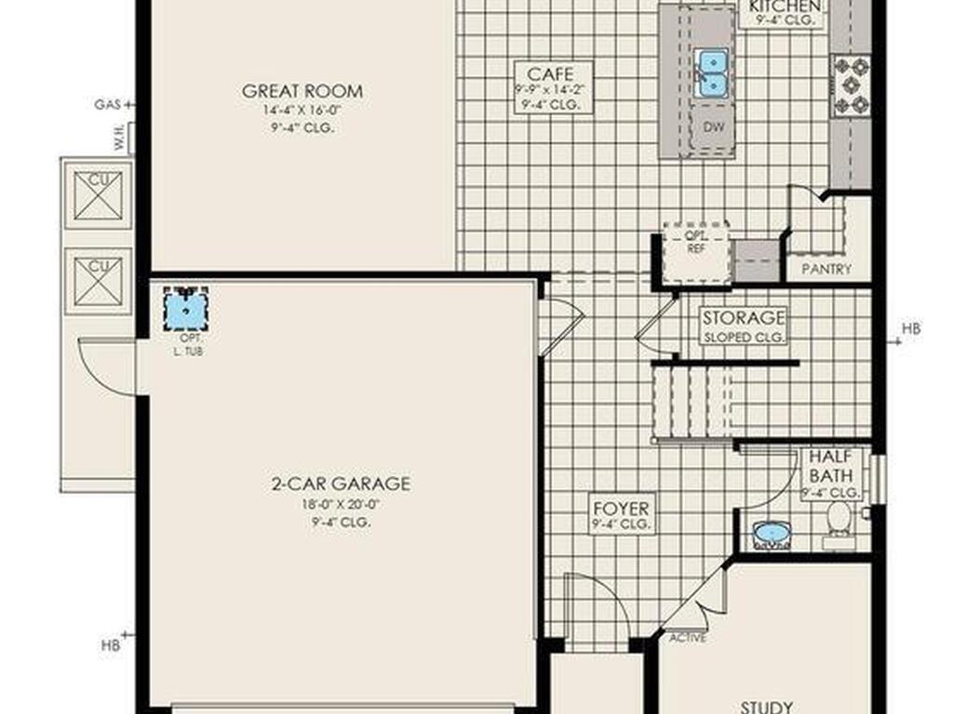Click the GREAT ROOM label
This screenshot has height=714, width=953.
click(302, 91)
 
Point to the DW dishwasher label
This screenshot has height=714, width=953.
click(714, 126)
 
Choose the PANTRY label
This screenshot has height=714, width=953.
click(825, 270)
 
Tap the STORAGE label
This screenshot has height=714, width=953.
click(744, 318)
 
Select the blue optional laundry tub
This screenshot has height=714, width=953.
click(186, 309)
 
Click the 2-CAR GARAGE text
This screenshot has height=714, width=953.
click(341, 483)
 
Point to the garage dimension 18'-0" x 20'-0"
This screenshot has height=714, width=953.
click(341, 505)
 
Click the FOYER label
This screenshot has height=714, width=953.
click(622, 509)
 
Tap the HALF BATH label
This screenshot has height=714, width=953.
click(831, 466)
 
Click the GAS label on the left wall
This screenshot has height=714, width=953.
click(106, 105)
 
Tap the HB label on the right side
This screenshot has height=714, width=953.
click(911, 328)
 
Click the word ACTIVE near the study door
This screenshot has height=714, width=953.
click(688, 638)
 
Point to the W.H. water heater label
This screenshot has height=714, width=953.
click(121, 139)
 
